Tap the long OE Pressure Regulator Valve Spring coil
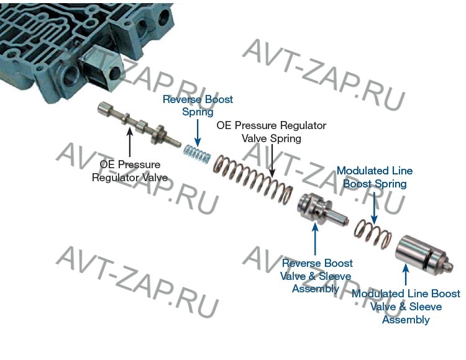252,177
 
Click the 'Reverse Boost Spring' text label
198,106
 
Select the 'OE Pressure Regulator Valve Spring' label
271,132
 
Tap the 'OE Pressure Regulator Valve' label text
130,171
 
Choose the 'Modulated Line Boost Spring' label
374,177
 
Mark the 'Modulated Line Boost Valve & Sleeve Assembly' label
406,307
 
